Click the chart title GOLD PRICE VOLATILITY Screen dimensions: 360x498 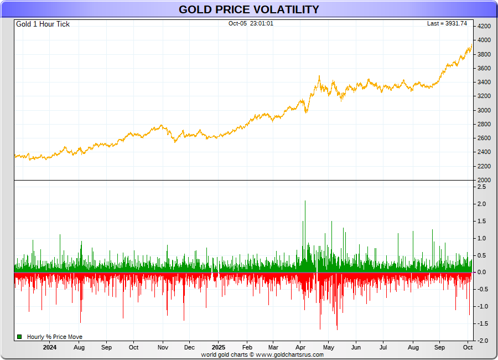[x=248, y=9]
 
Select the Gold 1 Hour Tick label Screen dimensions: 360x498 [x=43, y=24]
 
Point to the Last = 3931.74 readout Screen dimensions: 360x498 [x=447, y=24]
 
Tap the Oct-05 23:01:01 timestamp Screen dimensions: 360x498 [x=251, y=24]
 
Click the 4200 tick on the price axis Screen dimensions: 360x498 [x=484, y=26]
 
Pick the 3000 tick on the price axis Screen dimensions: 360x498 [x=484, y=110]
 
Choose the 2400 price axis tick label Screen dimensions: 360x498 [x=484, y=152]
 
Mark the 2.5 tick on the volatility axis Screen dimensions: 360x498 [x=481, y=187]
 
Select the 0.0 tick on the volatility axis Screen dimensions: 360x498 [x=481, y=272]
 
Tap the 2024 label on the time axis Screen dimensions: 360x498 [x=50, y=348]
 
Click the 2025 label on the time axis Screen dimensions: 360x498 [x=219, y=348]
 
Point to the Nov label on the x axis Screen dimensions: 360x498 [x=163, y=348]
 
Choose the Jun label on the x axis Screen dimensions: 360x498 [x=356, y=348]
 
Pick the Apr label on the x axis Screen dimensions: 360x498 [x=302, y=348]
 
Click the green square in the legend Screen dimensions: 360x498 [x=19, y=337]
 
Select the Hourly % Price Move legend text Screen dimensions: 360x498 [x=54, y=337]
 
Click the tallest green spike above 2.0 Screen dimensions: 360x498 [x=305, y=202]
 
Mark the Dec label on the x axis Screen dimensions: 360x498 [x=189, y=348]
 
